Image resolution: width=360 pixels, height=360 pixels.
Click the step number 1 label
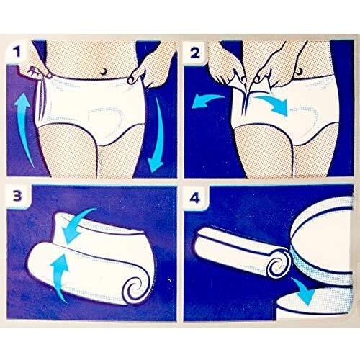(17, 52)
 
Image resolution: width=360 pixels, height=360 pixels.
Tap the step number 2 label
(195, 53)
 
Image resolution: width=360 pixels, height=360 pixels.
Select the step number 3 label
(17, 196)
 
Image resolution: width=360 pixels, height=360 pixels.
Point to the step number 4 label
(194, 198)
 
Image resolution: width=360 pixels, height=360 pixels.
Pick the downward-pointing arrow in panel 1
(157, 135)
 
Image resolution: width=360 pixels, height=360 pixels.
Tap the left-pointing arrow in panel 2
(207, 101)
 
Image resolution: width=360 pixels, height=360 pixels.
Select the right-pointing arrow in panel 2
(272, 103)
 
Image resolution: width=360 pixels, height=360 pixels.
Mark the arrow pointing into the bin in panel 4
(303, 290)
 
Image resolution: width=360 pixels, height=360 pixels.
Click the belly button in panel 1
(104, 71)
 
